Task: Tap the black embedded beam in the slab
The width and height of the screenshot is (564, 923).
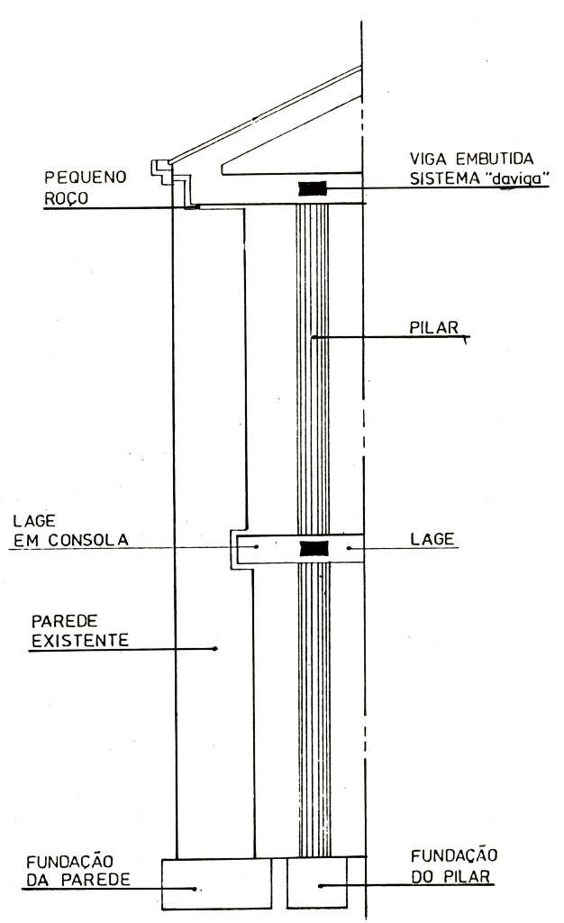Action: (x=313, y=547)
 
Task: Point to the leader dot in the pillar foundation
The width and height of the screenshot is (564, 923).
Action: (x=319, y=887)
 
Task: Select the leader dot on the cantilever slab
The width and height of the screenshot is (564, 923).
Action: (x=258, y=546)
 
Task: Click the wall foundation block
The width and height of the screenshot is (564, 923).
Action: (x=215, y=883)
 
